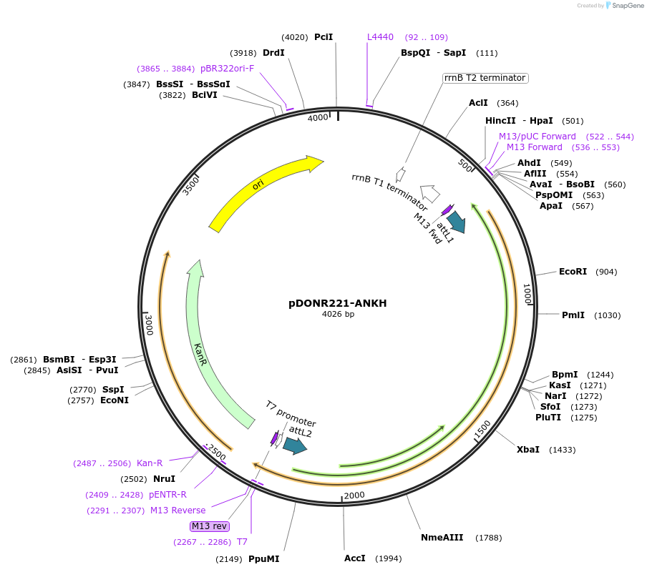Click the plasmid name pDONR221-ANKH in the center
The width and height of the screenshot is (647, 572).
[338, 303]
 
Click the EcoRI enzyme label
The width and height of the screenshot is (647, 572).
[573, 272]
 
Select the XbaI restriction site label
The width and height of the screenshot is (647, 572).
[528, 450]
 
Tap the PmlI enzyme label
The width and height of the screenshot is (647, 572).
[573, 315]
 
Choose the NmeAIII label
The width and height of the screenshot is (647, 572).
[442, 538]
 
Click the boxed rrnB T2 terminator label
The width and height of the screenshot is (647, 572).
[485, 78]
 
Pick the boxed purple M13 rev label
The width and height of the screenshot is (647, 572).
[210, 526]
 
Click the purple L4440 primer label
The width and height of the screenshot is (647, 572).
[380, 37]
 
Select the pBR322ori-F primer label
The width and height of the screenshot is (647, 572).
[227, 69]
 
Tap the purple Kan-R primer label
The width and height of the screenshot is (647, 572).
[150, 463]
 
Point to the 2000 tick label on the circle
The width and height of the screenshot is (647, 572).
[354, 495]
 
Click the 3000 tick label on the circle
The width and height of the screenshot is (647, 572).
[150, 325]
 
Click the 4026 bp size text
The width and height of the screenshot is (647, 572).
[338, 315]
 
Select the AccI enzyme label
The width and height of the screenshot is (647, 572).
[354, 558]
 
